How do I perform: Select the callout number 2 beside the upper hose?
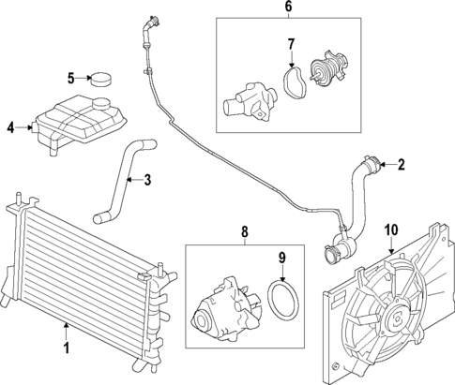[401, 166]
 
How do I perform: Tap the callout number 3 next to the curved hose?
[146, 179]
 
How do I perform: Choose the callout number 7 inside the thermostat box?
[291, 44]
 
